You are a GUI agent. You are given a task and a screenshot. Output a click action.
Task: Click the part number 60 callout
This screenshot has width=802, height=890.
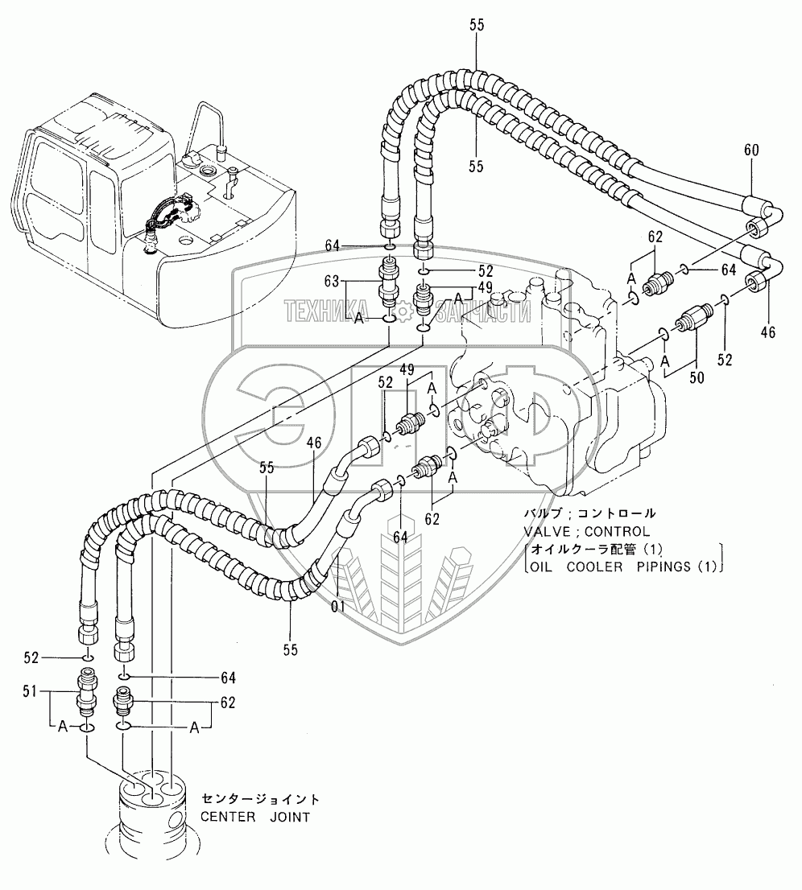coord(751,150)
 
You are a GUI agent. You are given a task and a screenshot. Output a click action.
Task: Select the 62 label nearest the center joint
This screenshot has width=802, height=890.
coord(227,703)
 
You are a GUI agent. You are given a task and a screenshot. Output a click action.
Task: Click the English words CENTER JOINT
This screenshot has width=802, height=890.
coord(255,817)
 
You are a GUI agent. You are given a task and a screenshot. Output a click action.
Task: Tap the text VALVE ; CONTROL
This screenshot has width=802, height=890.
coord(585,531)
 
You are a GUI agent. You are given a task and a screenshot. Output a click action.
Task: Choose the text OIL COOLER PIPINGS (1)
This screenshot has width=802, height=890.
coord(622,567)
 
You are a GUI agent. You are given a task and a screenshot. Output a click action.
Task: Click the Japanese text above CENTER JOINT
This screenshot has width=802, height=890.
coord(260,799)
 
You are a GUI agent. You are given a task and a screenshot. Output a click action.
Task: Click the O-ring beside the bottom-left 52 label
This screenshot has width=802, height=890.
coord(87,657)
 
